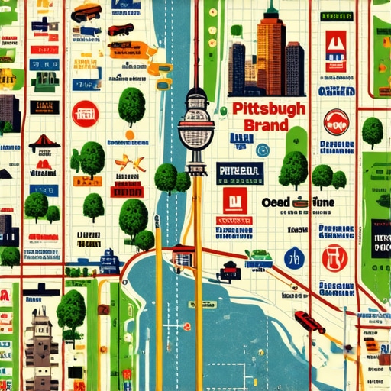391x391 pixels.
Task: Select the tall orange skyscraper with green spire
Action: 271,53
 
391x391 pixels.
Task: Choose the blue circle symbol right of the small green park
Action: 294,258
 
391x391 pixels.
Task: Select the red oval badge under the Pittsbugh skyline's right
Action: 335,121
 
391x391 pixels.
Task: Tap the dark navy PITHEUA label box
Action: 239,170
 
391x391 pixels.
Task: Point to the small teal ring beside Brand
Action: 263,149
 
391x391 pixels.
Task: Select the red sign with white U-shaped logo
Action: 334,46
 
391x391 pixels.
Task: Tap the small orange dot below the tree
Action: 130,134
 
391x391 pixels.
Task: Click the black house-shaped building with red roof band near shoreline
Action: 228,271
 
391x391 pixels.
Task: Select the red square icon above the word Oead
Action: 233,200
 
